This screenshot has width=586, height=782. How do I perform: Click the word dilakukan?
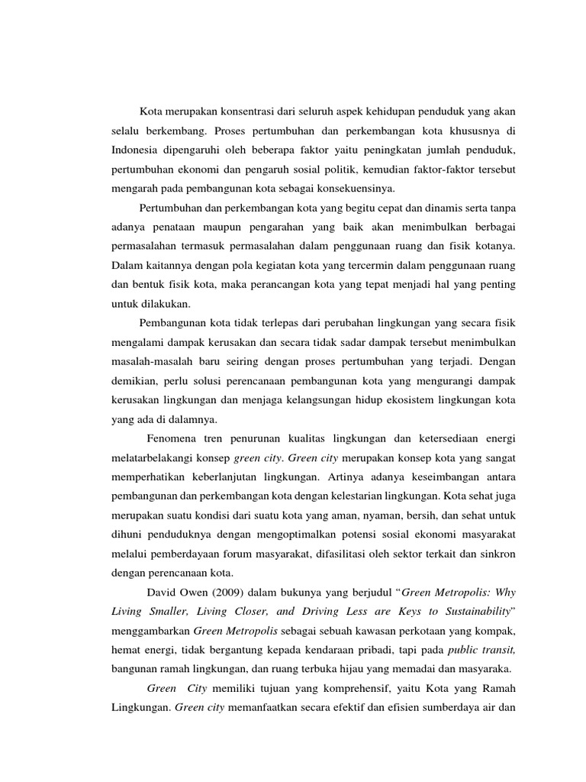coord(166,303)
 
